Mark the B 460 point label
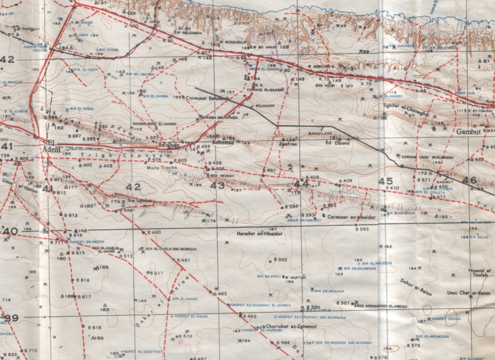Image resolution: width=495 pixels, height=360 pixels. point(153,233)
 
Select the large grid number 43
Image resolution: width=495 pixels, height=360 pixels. point(218,185)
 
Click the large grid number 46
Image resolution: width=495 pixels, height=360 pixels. point(469,180)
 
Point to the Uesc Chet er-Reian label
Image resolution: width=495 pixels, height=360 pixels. point(468,293)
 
